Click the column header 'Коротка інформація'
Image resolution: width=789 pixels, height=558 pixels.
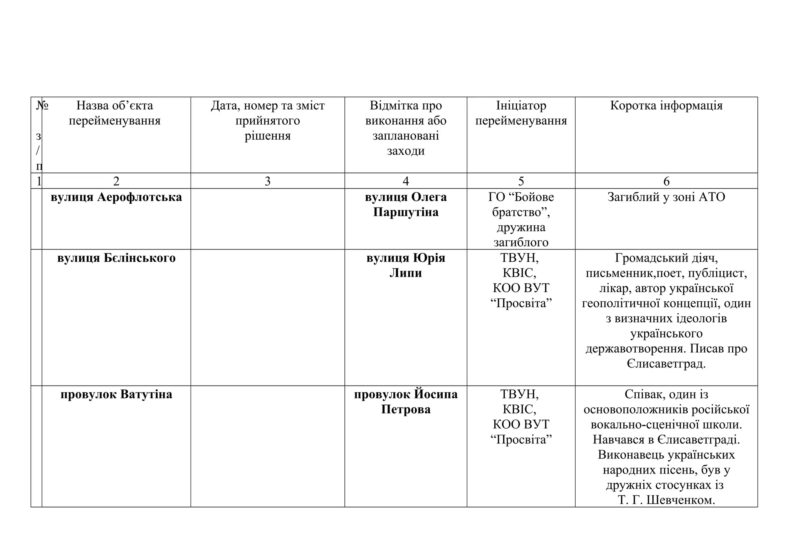(x=666, y=106)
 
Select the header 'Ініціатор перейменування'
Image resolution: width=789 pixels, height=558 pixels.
(x=521, y=113)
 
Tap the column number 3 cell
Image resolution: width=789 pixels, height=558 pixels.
(x=267, y=181)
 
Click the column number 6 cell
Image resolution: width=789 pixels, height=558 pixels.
(x=666, y=181)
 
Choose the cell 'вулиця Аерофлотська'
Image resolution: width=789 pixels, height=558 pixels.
(x=116, y=197)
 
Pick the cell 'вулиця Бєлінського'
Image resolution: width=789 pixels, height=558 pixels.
(x=116, y=258)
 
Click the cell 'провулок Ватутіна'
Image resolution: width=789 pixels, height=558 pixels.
(x=116, y=394)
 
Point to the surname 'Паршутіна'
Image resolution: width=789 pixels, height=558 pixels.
(x=406, y=212)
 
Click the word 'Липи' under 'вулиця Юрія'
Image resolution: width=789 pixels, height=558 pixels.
(x=406, y=273)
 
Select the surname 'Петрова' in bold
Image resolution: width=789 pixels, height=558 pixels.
(x=406, y=410)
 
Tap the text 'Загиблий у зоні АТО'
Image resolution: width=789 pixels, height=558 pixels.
(x=666, y=197)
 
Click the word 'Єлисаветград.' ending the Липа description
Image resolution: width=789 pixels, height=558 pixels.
(x=666, y=364)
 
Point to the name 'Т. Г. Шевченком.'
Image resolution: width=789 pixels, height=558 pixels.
(x=666, y=500)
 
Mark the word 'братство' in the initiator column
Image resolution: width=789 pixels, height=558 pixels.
(x=518, y=212)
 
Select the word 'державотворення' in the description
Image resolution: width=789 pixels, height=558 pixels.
(x=635, y=349)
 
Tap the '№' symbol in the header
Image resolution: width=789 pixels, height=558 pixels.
(x=42, y=106)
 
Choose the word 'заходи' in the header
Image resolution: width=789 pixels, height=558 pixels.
(x=406, y=151)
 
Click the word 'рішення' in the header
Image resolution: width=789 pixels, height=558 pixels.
(x=267, y=136)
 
